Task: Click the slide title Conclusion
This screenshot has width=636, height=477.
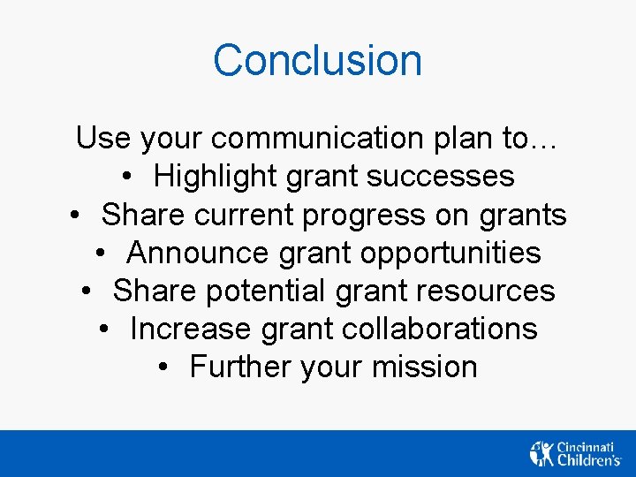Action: pyautogui.click(x=317, y=61)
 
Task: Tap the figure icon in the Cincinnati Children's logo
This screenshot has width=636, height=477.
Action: pyautogui.click(x=541, y=453)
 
